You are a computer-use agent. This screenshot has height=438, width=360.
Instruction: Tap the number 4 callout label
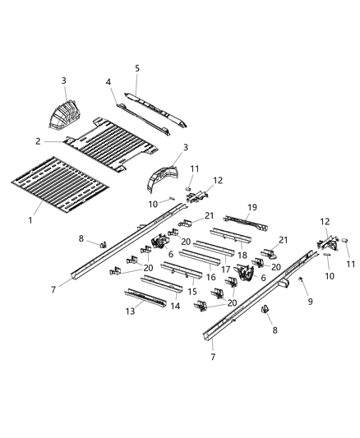point(107,81)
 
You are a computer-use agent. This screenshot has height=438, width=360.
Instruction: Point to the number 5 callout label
point(137,68)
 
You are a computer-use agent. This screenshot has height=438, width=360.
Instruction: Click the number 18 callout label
point(242,255)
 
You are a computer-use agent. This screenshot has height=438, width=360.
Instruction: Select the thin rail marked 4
point(136,104)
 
